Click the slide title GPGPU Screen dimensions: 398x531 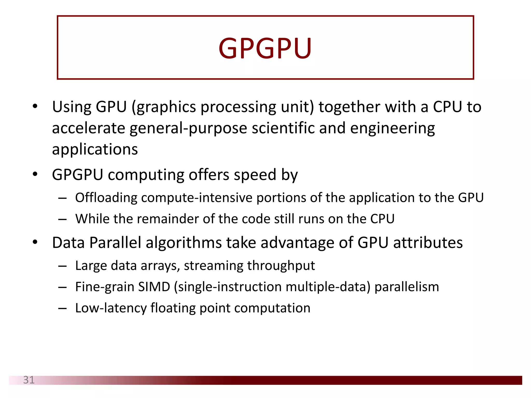[x=265, y=48]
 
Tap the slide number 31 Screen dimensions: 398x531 [x=29, y=380]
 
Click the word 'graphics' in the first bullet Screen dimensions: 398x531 [x=166, y=107]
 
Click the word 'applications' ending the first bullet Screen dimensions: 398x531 [x=95, y=150]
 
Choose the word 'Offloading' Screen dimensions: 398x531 [x=106, y=198]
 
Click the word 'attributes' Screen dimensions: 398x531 [x=428, y=243]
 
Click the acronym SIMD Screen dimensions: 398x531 [x=154, y=287]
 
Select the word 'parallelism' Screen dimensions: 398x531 [x=407, y=287]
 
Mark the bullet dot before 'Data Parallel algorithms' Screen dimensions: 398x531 [x=35, y=242]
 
